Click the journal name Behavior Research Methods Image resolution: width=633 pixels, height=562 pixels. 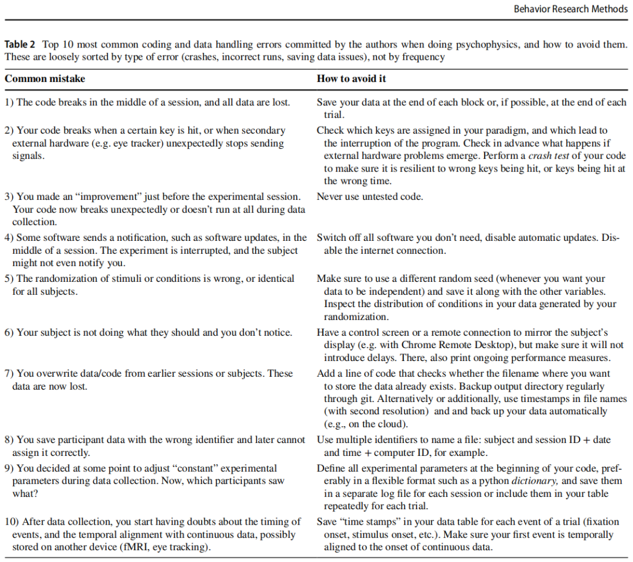pos(570,9)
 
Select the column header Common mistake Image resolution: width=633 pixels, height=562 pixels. pos(45,79)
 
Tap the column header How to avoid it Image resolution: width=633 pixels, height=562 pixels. pos(351,79)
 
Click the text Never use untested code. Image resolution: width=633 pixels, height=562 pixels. pos(369,197)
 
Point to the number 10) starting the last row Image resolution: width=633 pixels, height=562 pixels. pos(12,522)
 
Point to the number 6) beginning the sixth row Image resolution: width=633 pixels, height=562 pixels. pos(9,333)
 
